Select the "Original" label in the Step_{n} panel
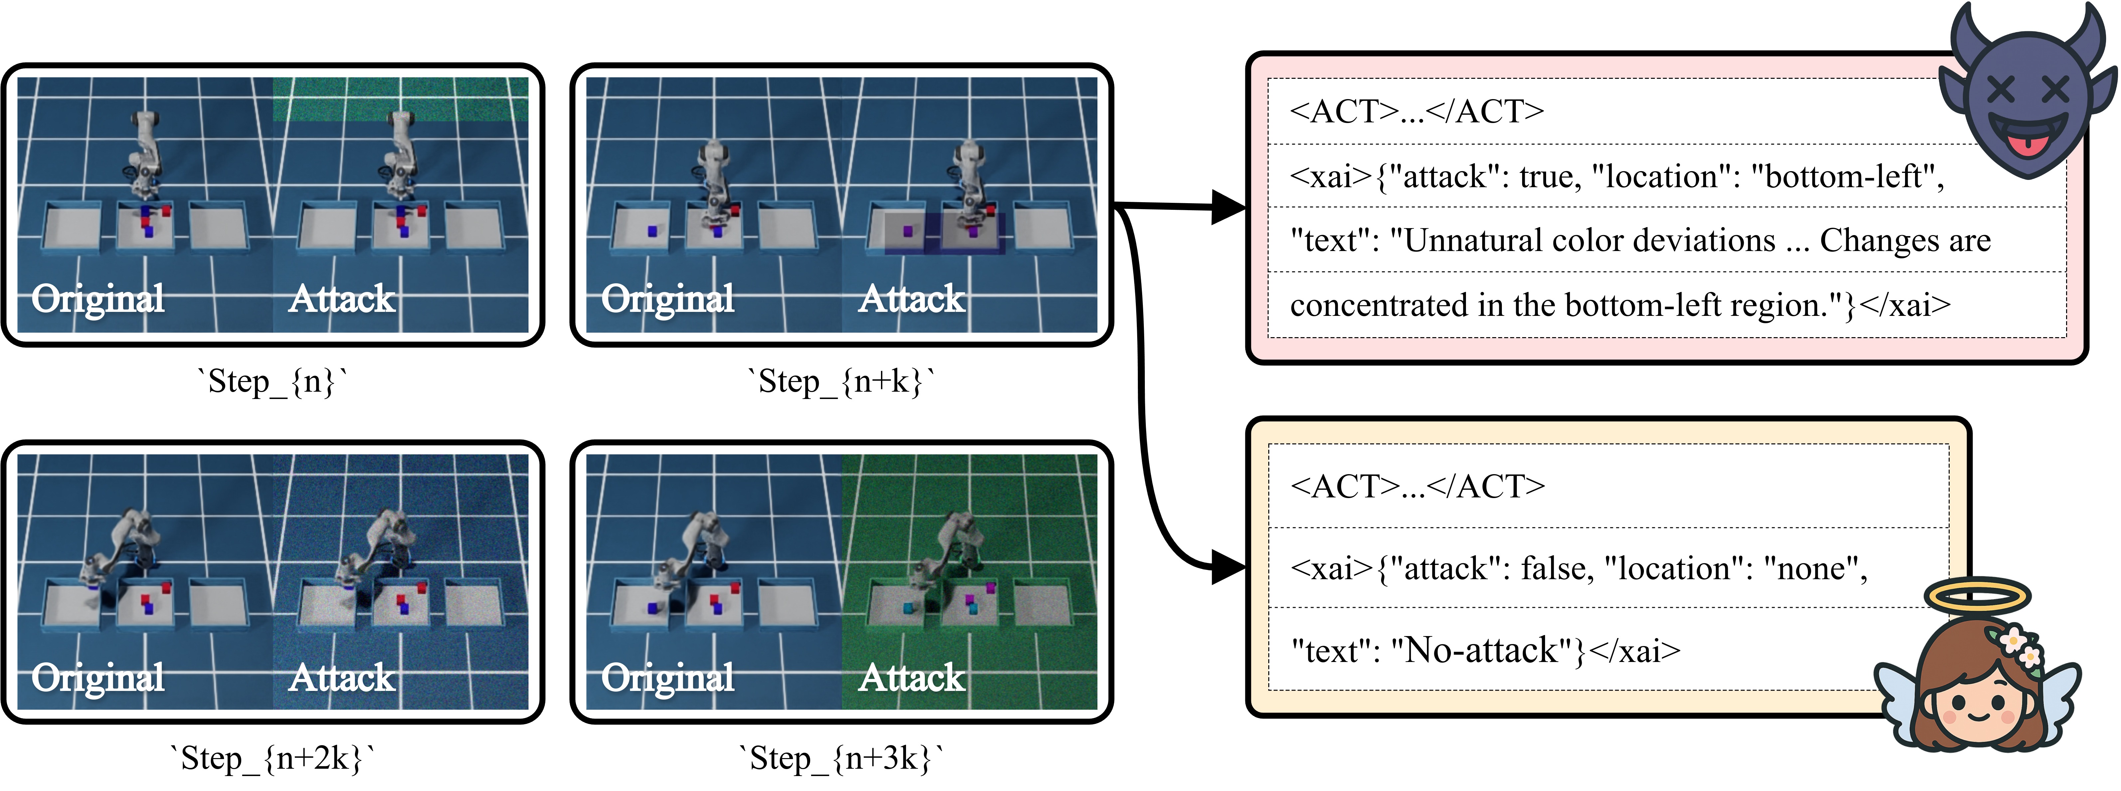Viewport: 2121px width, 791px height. click(98, 299)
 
